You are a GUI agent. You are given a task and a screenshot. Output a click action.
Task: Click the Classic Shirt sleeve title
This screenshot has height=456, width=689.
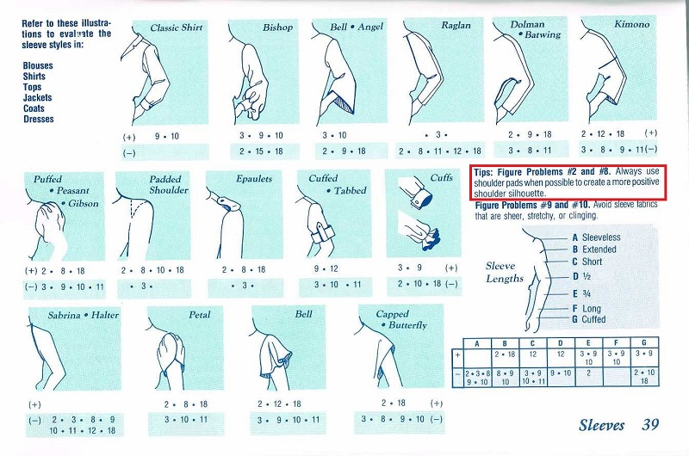click(x=177, y=28)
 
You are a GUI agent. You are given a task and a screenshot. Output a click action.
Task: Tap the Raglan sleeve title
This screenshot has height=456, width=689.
click(x=456, y=26)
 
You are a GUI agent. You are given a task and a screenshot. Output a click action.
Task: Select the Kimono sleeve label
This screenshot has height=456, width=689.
click(x=631, y=25)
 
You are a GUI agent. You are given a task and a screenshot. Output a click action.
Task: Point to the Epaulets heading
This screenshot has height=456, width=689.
click(x=254, y=179)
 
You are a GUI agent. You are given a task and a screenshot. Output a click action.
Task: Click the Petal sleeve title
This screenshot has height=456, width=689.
click(x=200, y=315)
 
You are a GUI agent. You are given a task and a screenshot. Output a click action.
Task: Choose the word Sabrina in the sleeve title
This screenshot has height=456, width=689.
click(x=64, y=315)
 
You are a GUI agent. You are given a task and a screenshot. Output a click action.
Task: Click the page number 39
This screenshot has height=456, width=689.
click(x=650, y=424)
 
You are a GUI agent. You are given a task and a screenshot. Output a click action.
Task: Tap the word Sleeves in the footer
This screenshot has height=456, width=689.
click(x=601, y=425)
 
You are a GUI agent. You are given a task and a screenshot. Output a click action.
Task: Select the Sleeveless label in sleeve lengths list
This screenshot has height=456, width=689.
click(x=601, y=237)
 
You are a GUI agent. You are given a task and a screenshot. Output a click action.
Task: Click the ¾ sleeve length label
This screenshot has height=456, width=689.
click(x=587, y=293)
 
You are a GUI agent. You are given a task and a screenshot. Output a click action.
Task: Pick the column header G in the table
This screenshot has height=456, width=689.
click(x=643, y=343)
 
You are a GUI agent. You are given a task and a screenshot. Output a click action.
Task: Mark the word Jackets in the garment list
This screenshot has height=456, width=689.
click(x=37, y=98)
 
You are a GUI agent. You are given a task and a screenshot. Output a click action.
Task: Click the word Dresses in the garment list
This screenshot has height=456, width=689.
click(x=39, y=119)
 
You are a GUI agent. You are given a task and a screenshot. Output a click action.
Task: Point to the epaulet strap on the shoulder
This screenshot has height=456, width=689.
click(x=228, y=203)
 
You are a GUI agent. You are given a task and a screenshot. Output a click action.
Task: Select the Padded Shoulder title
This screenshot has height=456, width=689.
click(x=168, y=185)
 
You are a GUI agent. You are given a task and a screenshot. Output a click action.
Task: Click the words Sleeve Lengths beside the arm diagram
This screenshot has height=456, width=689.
click(x=505, y=272)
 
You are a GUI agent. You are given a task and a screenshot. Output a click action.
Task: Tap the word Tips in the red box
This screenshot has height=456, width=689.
click(x=483, y=172)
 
